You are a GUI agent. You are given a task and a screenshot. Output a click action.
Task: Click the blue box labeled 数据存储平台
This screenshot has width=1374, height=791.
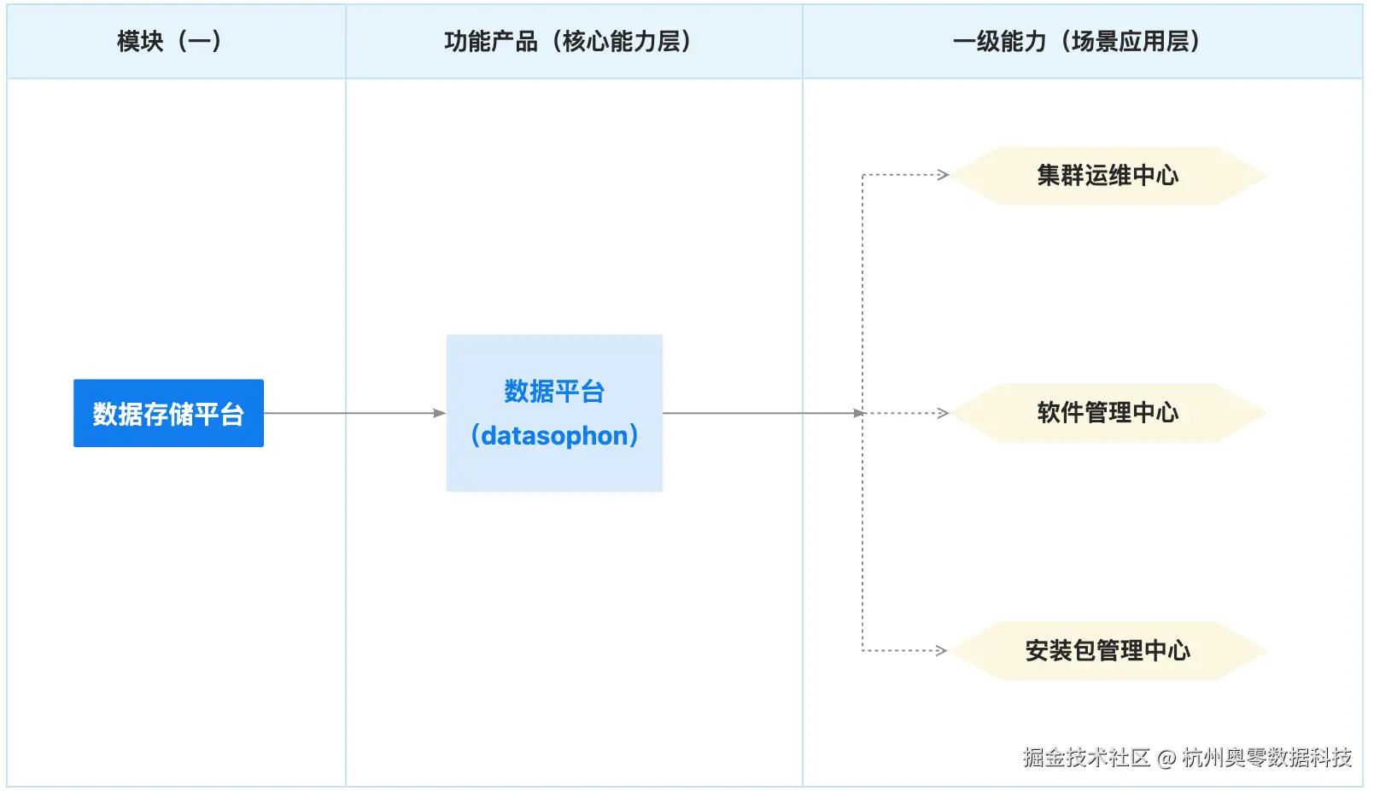pos(168,413)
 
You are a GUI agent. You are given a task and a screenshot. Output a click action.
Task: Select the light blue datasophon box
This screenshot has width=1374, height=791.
pos(554,413)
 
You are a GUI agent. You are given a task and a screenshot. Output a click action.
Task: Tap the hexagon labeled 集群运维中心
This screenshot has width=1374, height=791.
pos(1108,176)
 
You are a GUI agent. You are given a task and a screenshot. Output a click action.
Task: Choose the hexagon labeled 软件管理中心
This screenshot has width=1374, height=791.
pos(1108,413)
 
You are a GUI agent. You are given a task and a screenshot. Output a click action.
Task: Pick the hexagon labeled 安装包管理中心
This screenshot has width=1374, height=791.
pos(1108,650)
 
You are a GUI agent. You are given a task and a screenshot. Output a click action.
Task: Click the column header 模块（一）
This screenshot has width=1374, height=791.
pos(169,41)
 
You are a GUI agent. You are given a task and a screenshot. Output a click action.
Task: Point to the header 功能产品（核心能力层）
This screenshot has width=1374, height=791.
pos(568,41)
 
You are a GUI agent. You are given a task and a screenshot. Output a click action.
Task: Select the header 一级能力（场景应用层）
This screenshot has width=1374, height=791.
pos(1077,41)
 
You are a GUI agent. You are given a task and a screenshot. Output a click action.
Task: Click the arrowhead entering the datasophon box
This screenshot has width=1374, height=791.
pos(440,413)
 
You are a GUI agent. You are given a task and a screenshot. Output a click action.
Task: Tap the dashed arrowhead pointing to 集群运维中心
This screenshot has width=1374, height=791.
pos(943,175)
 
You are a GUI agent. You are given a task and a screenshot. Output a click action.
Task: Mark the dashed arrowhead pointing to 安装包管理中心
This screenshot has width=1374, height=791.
pos(942,650)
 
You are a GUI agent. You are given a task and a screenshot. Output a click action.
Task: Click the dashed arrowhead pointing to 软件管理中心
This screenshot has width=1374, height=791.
pos(943,413)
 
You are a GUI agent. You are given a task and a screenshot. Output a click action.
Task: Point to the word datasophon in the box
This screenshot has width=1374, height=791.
pos(554,436)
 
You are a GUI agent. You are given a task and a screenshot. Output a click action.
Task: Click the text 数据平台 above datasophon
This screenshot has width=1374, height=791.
pos(554,392)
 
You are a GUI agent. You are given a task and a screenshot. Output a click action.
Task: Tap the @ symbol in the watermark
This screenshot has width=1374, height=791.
pos(1166,758)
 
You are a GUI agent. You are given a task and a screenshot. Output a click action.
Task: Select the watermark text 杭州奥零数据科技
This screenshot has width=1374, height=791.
pos(1266,758)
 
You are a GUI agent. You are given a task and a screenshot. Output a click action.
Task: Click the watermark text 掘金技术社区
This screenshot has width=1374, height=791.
pos(1086,758)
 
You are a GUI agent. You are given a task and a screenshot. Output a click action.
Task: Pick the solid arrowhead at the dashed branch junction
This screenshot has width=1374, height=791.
pos(859,413)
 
